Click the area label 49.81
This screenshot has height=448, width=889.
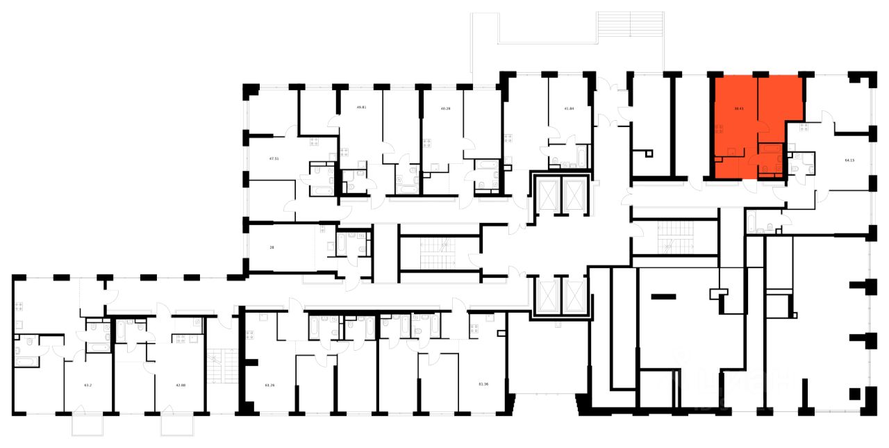360,108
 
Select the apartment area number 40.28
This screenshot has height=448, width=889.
446,108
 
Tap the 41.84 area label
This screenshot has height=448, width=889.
569,108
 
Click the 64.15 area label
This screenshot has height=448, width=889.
849,160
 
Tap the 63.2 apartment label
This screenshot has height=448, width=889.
88,383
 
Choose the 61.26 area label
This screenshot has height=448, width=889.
270,383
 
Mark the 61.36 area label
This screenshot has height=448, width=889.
483,383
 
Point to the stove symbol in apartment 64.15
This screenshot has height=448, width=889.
803,127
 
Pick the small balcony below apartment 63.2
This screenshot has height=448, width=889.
88,425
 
